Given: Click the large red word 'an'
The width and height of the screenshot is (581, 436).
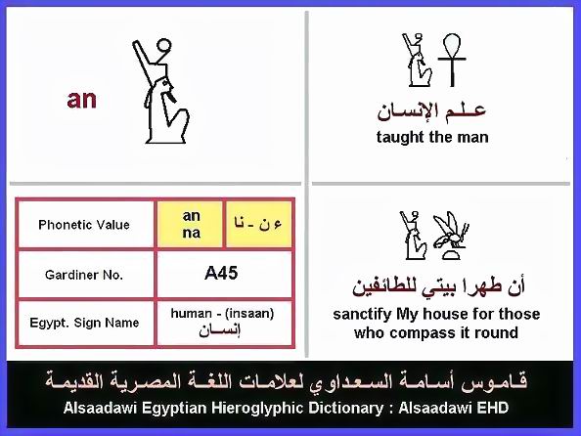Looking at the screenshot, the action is tap(81, 100).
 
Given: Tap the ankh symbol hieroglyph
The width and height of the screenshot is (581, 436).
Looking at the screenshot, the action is tap(452, 60).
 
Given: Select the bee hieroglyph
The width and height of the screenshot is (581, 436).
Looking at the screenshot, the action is tap(451, 236).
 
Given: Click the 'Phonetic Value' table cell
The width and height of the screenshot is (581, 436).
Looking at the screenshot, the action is tap(84, 225).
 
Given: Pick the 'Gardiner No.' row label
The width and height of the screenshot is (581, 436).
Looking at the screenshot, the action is tap(84, 275).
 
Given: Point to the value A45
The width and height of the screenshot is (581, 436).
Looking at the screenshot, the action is tap(221, 274).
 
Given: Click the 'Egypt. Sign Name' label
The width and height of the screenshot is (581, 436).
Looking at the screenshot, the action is tap(84, 323).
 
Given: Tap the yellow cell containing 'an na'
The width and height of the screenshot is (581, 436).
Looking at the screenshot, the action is tap(191, 224).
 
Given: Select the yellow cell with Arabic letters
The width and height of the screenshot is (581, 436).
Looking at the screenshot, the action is tap(258, 224).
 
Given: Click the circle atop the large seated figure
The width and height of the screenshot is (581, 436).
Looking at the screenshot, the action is tap(163, 46).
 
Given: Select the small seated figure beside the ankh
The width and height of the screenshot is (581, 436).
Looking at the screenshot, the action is tap(418, 60).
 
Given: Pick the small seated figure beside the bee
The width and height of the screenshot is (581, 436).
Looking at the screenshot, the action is tap(413, 236).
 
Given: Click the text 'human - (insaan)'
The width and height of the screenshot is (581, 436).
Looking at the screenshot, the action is tap(222, 314).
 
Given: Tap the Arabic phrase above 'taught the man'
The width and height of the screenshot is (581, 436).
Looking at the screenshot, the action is tap(431, 111).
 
